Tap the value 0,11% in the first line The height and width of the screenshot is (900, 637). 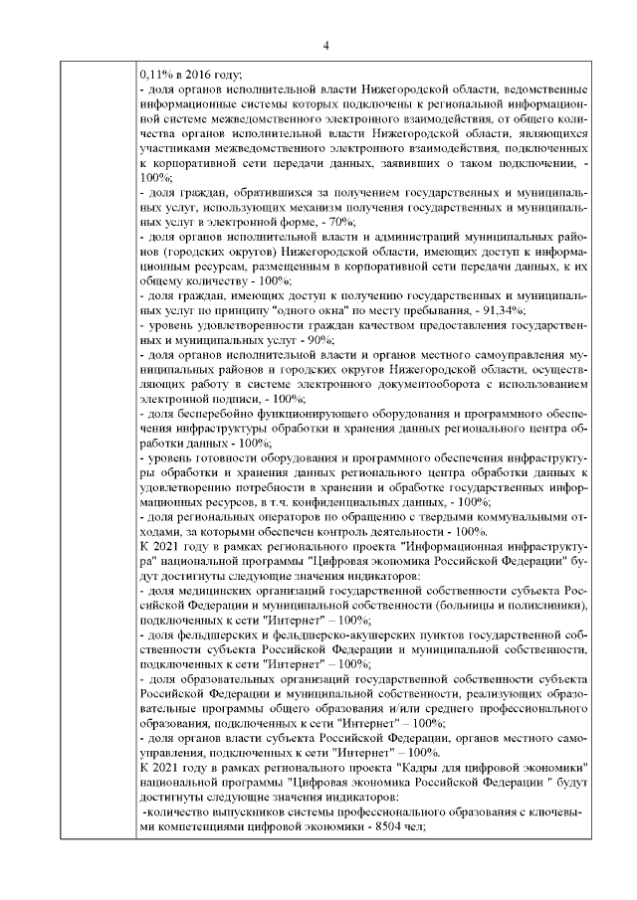pos(156,74)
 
